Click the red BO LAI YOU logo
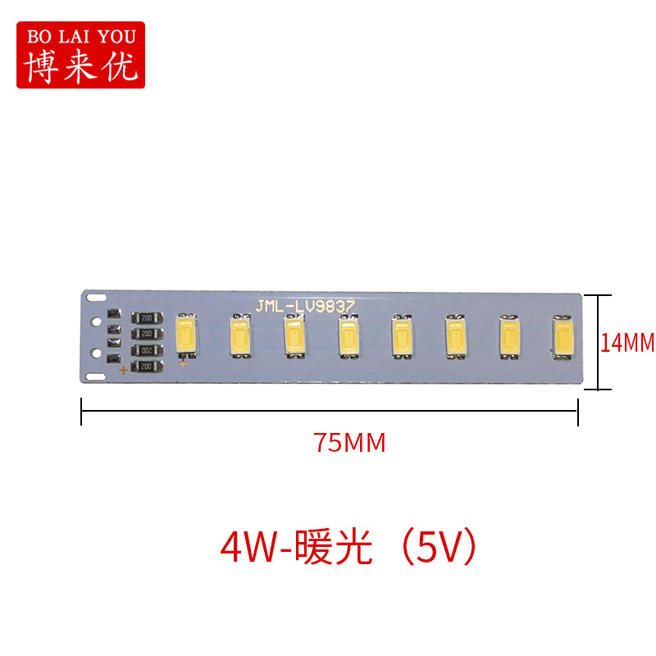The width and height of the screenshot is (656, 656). [x=80, y=54]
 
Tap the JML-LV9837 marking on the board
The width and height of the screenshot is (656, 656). [x=304, y=306]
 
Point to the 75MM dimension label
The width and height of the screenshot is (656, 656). [x=349, y=443]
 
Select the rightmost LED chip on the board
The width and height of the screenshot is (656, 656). [x=563, y=336]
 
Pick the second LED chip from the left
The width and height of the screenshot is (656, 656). [x=240, y=336]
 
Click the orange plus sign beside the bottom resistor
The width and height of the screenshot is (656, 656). [x=123, y=371]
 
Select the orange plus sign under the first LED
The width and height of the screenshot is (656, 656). [x=184, y=363]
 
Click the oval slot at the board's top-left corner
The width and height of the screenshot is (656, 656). [x=97, y=295]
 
